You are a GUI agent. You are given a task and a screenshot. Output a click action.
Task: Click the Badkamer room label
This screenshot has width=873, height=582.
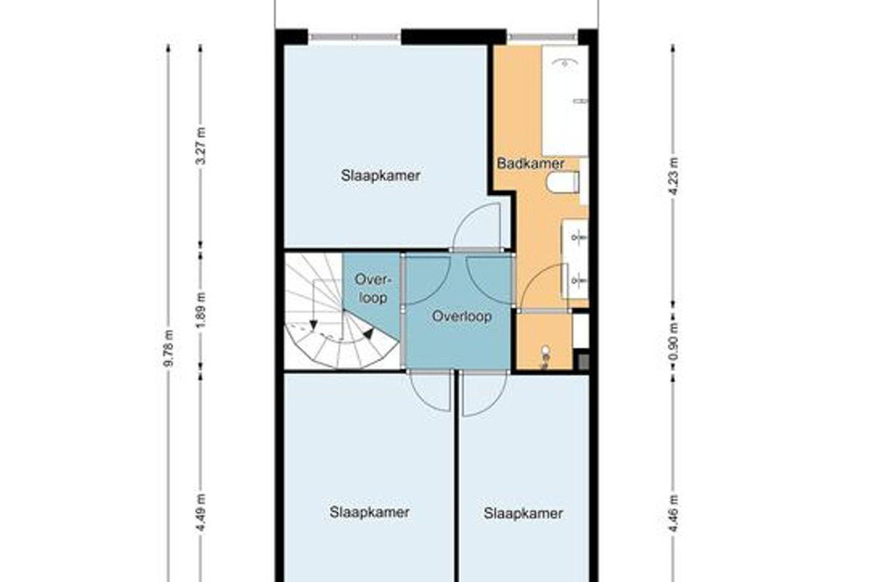[530, 164]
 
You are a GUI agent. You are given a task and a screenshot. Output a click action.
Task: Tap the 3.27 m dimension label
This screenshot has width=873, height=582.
[200, 145]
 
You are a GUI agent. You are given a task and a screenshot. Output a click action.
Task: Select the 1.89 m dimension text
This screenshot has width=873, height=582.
[200, 310]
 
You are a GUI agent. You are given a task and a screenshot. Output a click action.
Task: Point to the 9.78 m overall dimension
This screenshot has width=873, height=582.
[169, 348]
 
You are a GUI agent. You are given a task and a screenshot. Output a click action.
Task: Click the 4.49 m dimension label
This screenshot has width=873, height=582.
[200, 513]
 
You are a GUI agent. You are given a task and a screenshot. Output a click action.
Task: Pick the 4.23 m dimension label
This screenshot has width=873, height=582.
[673, 177]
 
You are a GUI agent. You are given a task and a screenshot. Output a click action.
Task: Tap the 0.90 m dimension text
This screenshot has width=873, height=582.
[673, 341]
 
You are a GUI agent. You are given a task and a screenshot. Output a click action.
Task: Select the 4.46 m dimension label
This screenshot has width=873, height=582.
[673, 514]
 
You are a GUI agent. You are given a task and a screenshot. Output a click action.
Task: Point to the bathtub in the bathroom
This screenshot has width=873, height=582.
[565, 100]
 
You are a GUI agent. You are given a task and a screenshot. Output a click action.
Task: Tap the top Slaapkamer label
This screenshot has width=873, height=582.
[380, 175]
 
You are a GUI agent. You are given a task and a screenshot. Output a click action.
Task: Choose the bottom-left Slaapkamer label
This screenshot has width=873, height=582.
[370, 512]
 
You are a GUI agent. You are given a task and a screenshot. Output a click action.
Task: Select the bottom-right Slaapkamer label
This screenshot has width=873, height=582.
[523, 513]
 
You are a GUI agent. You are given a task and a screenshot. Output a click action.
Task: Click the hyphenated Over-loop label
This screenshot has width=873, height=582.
[373, 289]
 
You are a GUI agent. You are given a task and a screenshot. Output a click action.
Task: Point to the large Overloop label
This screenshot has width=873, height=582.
[462, 316]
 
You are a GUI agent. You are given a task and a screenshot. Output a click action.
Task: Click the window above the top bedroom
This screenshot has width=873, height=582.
[355, 37]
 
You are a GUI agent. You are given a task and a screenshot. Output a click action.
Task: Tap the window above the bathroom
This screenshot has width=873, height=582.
[543, 37]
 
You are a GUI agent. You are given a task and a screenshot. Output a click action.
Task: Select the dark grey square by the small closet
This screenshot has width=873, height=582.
[583, 362]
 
